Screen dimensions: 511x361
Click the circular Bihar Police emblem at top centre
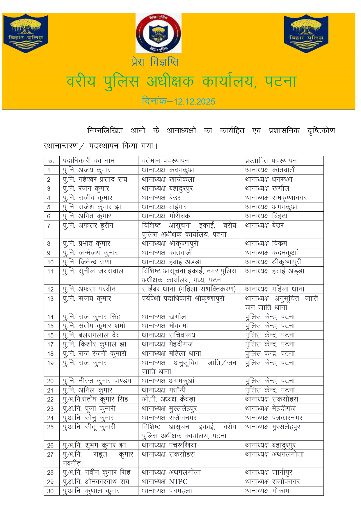159,33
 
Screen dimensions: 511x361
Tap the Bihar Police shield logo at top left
26,33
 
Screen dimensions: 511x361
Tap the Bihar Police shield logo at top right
306,33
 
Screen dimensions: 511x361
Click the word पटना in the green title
280,82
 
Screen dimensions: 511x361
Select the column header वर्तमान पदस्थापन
165,161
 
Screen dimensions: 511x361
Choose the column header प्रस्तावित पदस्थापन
271,161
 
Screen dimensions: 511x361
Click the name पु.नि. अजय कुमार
87,170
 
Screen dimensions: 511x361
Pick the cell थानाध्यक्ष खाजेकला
168,179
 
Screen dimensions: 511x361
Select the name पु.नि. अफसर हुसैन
88,225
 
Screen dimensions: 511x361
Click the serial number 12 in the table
50,289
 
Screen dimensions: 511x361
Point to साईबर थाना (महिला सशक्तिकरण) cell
188,289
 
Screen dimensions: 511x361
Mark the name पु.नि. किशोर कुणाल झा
95,344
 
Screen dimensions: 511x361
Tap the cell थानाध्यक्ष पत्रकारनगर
274,418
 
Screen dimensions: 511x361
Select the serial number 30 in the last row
50,491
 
